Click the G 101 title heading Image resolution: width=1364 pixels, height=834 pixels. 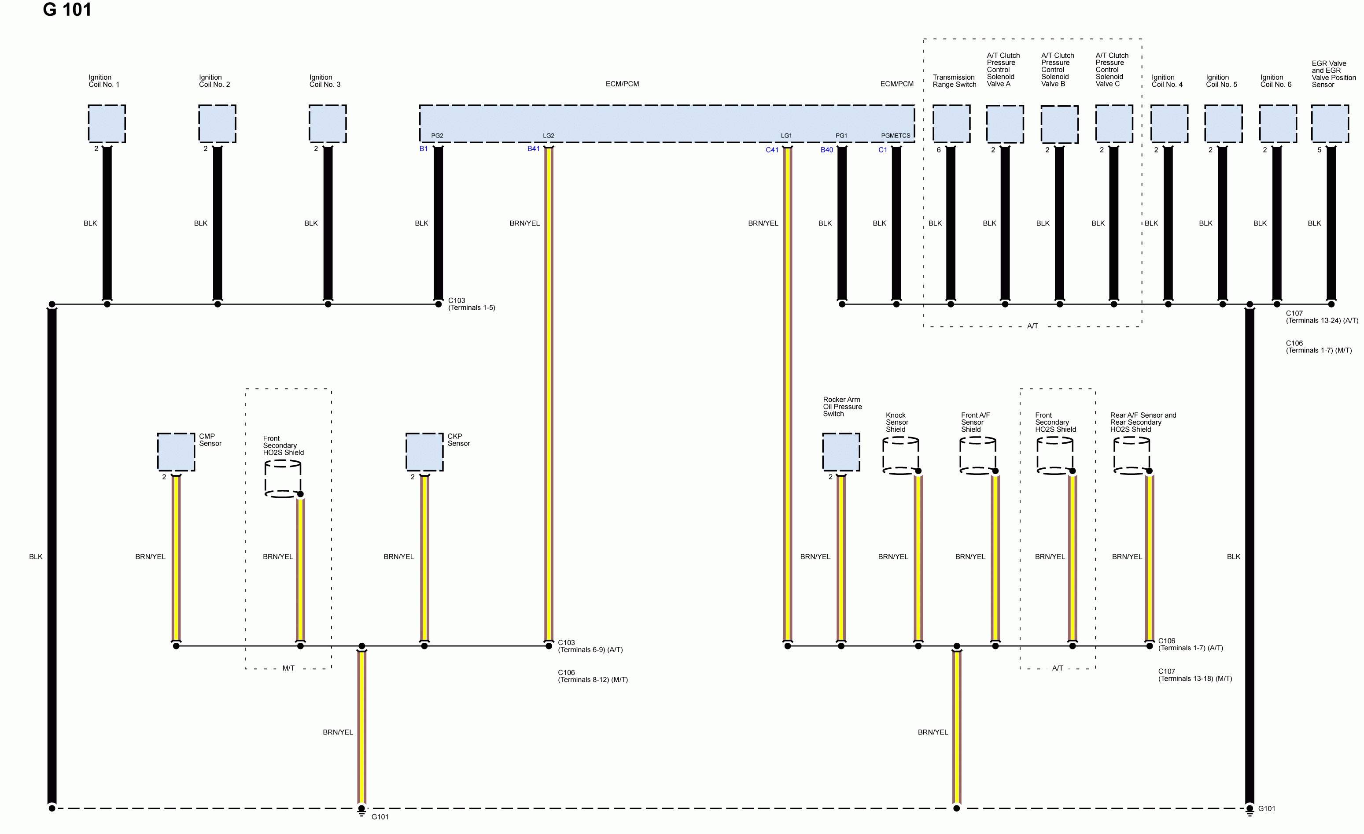click(x=67, y=10)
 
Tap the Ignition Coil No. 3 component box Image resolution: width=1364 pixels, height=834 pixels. click(x=327, y=123)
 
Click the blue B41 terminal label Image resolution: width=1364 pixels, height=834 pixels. click(x=533, y=149)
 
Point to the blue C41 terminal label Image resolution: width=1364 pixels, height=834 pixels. click(x=772, y=150)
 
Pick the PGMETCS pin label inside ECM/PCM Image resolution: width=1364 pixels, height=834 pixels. click(x=895, y=136)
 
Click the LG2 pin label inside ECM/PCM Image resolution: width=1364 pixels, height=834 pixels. click(x=548, y=136)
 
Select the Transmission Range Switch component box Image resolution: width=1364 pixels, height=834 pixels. click(x=951, y=123)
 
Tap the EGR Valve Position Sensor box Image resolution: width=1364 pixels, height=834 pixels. click(x=1330, y=123)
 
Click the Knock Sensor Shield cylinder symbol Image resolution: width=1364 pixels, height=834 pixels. click(x=900, y=456)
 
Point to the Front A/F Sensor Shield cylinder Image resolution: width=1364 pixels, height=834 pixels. click(x=977, y=456)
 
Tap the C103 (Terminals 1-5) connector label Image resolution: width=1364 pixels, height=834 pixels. click(x=471, y=304)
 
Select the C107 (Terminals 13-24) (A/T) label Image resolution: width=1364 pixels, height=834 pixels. click(x=1321, y=317)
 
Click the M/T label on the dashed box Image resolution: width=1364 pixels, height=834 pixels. click(x=288, y=668)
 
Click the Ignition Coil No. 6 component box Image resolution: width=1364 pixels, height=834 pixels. click(x=1278, y=123)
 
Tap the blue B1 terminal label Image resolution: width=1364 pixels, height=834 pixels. click(x=424, y=149)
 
